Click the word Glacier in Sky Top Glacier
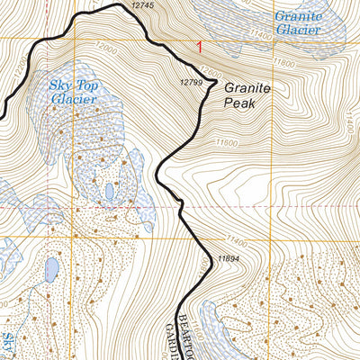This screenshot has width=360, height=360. [72, 99]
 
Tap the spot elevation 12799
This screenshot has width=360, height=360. [192, 83]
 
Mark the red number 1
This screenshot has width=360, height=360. [199, 45]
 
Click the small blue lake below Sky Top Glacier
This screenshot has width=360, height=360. [109, 192]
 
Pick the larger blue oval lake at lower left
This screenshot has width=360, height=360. [51, 268]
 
